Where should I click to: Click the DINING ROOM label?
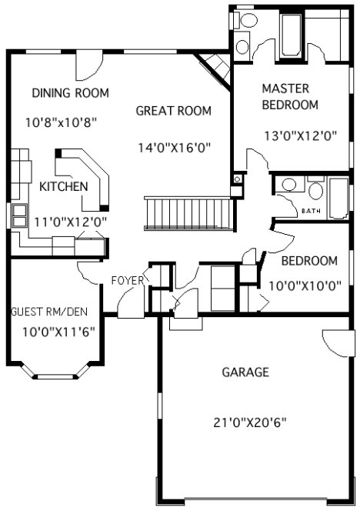click(70, 93)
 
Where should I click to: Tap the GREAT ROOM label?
click(173, 111)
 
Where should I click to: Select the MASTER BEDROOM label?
click(290, 96)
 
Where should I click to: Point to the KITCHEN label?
click(63, 187)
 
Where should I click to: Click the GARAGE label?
click(245, 372)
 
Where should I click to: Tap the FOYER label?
click(128, 280)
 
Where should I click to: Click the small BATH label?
click(312, 210)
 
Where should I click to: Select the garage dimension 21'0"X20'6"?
click(245, 422)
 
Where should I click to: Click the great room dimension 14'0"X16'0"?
click(175, 147)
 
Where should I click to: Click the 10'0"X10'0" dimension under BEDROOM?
click(305, 285)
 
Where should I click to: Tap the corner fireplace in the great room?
click(213, 67)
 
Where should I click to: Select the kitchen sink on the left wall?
click(17, 215)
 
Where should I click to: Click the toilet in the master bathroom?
click(243, 44)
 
